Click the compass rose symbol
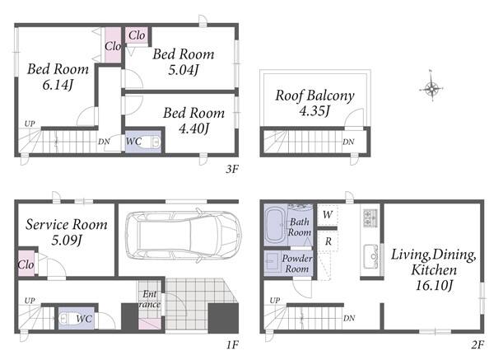click(432, 88)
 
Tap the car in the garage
click(183, 235)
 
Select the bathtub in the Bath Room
click(275, 226)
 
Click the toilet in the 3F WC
click(152, 143)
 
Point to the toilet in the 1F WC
click(68, 319)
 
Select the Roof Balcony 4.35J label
click(315, 103)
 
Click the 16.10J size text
click(434, 286)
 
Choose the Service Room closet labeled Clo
click(26, 264)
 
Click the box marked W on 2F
click(328, 215)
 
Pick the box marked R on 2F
click(328, 241)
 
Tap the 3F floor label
click(232, 169)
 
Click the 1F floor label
click(232, 345)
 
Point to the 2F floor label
click(478, 345)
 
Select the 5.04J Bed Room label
click(184, 62)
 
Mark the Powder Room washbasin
click(271, 262)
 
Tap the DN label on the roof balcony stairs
click(348, 142)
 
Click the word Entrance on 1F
click(150, 299)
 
